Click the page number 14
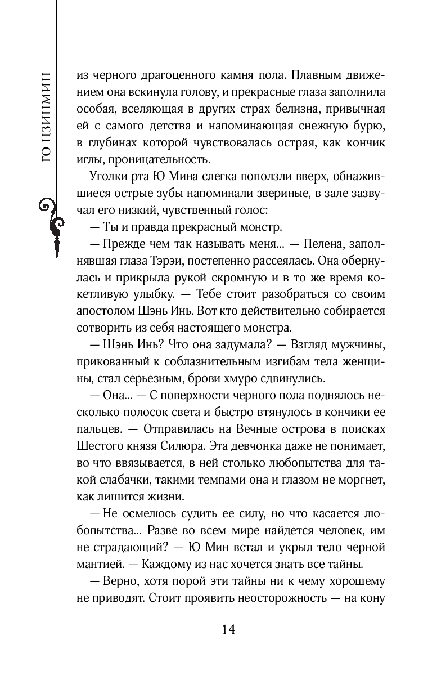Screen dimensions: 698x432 point(228,629)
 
